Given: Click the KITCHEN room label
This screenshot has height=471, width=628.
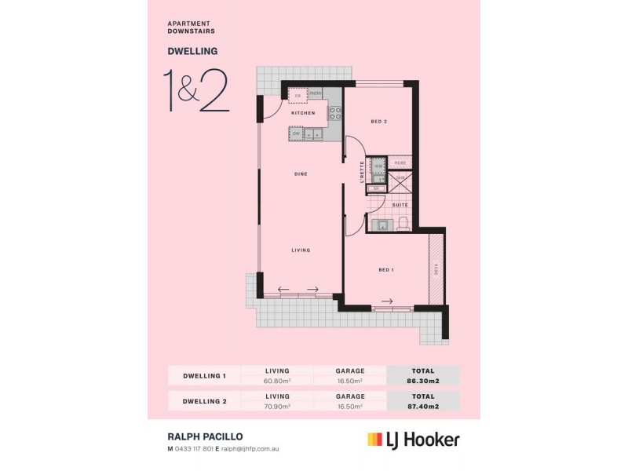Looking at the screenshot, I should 303,113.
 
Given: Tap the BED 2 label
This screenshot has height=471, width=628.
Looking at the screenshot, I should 379,122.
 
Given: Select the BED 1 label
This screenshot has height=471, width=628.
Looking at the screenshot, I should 385,270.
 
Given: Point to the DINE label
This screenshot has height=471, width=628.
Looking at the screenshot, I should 300,173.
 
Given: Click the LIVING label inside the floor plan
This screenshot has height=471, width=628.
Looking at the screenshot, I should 301,250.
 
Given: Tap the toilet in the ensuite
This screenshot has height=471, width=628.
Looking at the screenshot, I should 403,225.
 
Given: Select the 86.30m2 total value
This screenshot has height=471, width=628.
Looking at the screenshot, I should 422,381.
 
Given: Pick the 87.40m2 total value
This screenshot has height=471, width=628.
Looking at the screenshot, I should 422,407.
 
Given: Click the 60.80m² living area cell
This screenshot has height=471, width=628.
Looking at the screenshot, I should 278,381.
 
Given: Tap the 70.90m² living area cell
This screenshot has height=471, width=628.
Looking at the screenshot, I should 278,407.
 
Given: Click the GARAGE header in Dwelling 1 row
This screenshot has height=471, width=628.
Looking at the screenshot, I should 349,370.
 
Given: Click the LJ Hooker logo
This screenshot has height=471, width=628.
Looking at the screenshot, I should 413,440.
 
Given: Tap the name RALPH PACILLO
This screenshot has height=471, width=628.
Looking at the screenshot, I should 202,436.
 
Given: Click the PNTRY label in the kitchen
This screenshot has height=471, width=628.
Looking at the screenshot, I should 316,94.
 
